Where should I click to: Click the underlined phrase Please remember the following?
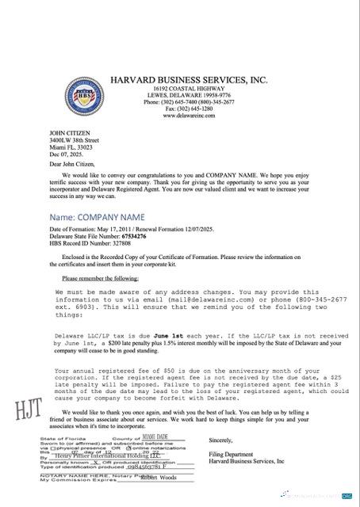tap(100, 278)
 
